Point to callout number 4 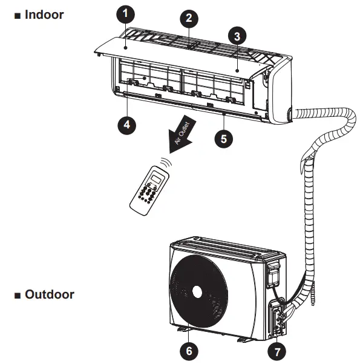(125, 125)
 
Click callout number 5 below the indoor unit (223, 138)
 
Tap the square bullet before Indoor (16, 15)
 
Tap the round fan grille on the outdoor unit (196, 292)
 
